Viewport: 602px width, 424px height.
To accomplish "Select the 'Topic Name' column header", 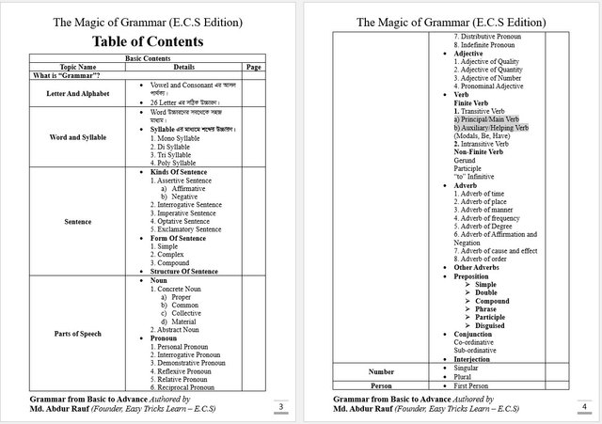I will click(78, 67).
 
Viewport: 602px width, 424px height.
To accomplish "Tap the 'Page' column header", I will click(252, 67).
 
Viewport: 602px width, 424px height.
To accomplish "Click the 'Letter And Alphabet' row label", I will click(78, 94).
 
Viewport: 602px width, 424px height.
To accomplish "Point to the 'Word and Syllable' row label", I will click(78, 137).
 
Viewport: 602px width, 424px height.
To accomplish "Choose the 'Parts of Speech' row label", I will click(78, 334).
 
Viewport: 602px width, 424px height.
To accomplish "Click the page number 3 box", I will click(280, 406).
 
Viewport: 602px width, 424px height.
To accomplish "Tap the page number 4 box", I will click(583, 406).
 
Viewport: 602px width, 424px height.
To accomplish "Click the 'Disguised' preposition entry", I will click(493, 325).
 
